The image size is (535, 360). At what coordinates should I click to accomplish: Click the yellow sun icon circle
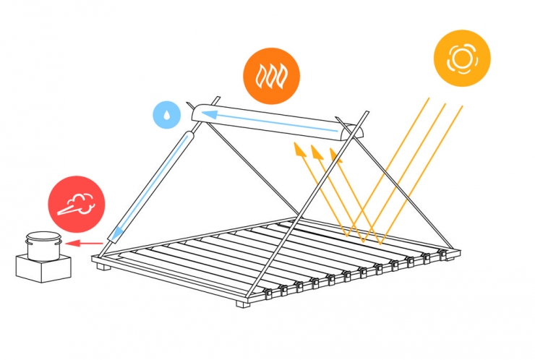click(462, 59)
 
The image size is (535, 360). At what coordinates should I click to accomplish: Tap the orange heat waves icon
click(272, 74)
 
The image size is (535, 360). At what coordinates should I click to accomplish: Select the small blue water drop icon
click(167, 115)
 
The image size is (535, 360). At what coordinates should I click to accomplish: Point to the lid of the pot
click(43, 235)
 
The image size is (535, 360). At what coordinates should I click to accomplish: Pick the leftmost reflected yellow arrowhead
click(296, 147)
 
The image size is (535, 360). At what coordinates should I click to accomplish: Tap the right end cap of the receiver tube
click(350, 132)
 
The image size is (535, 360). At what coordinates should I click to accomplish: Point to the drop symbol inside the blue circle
click(167, 115)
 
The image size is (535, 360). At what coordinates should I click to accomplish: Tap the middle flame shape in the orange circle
click(272, 74)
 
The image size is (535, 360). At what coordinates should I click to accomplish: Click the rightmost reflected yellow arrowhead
click(333, 153)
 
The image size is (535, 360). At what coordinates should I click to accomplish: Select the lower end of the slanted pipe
click(116, 234)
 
